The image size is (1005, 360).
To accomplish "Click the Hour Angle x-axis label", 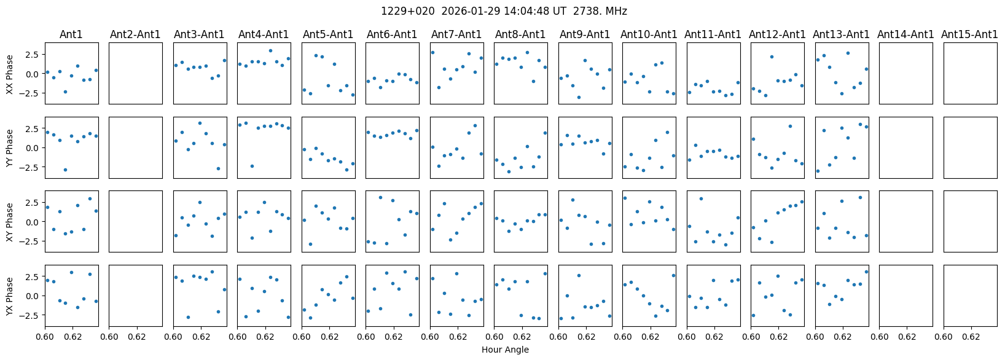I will click(505, 350).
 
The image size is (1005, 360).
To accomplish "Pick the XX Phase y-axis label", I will click(10, 74).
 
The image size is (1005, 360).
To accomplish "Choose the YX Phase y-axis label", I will click(10, 296).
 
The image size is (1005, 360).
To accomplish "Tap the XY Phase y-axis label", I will click(10, 222).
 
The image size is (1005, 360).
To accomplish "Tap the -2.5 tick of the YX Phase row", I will click(31, 315).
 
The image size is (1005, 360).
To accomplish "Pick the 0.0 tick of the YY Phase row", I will click(33, 148).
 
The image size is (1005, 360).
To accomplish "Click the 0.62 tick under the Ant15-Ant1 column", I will click(971, 337).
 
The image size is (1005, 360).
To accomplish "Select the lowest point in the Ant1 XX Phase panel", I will click(65, 92).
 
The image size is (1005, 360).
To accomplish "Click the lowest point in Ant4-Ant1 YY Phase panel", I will click(252, 166).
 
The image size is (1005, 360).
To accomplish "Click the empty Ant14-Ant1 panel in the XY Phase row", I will click(905, 221).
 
